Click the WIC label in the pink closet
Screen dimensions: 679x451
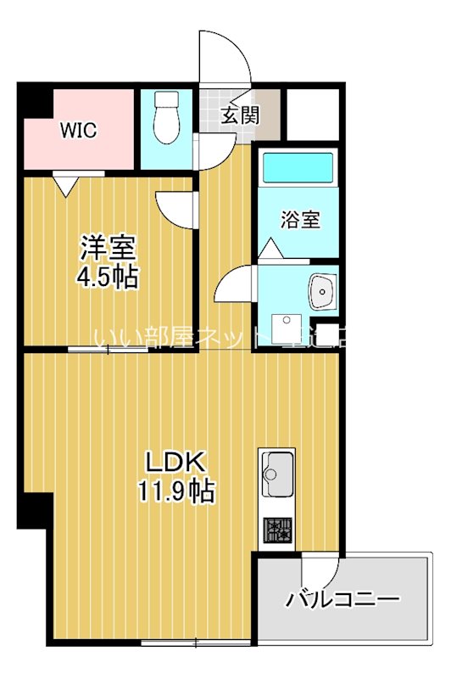[78, 130]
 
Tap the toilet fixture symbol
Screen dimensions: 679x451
[167, 119]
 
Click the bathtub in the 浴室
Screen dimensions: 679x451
[299, 167]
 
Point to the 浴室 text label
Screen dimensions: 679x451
[301, 219]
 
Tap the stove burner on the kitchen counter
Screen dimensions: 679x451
[277, 531]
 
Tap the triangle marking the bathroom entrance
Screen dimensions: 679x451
[270, 250]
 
